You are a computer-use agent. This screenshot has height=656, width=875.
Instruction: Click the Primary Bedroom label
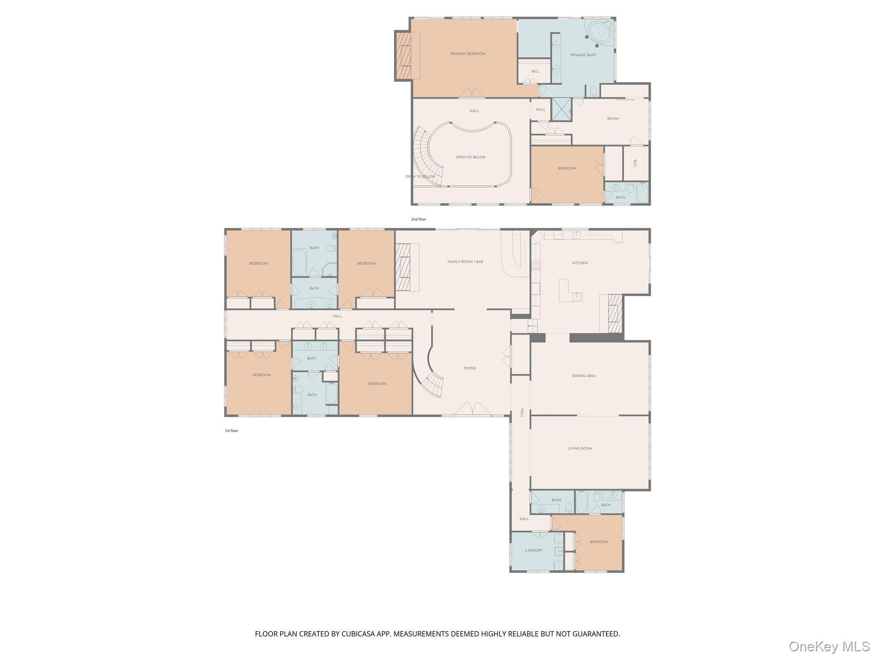[468, 54]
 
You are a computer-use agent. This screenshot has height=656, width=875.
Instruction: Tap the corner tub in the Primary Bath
[599, 32]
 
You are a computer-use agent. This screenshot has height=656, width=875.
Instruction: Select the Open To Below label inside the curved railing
[470, 157]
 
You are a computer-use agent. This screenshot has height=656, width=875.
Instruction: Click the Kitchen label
[580, 263]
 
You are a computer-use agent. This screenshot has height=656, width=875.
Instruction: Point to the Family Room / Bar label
[465, 262]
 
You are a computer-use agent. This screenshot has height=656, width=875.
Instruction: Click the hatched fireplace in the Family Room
[402, 267]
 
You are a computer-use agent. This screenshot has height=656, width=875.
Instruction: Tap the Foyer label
[470, 368]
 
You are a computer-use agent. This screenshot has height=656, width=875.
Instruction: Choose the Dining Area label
[584, 376]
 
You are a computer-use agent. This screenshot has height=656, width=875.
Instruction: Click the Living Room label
[580, 448]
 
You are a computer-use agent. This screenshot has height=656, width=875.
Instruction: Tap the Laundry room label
[534, 551]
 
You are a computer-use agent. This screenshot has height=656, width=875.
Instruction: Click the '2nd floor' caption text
[418, 220]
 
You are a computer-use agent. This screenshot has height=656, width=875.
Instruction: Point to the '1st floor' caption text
[231, 431]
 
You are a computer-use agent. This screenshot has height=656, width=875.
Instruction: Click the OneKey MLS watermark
[829, 647]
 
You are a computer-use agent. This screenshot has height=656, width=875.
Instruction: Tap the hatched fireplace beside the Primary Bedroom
[403, 56]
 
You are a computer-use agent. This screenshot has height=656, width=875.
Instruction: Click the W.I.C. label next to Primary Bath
[536, 72]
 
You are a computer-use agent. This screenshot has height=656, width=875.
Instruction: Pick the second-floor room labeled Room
[613, 119]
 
